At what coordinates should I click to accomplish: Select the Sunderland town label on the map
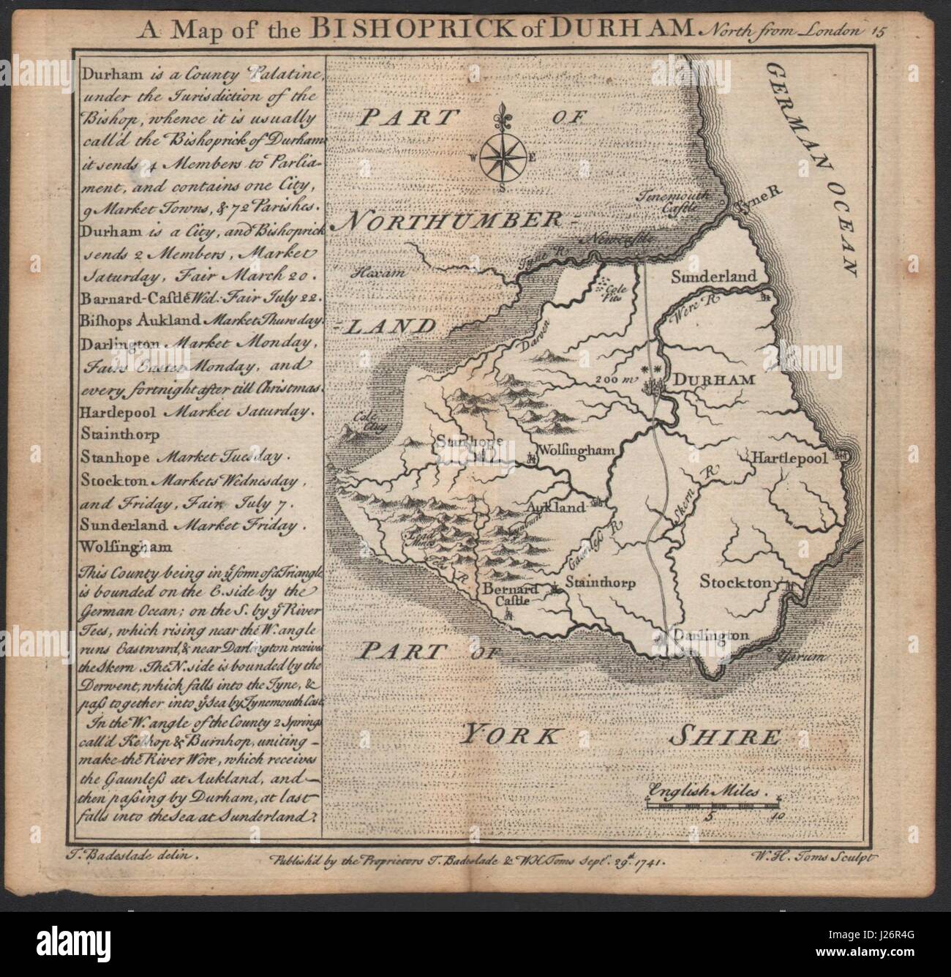click(713, 278)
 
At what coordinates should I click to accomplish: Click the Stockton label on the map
click(735, 583)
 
